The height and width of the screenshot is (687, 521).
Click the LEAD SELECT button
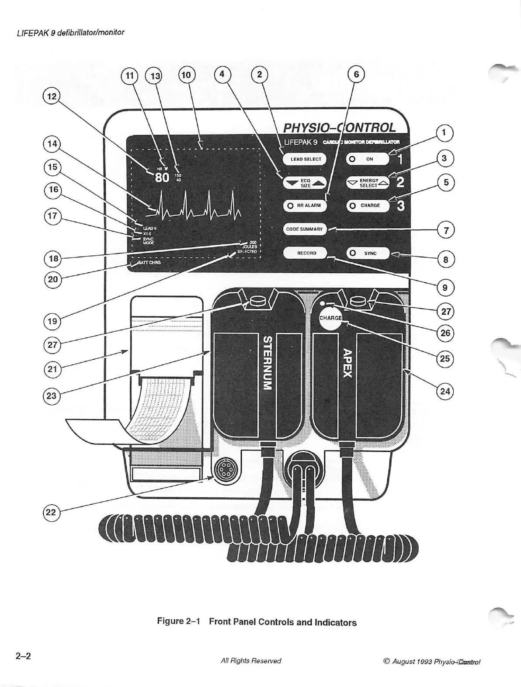305,159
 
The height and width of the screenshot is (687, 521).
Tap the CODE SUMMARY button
305,229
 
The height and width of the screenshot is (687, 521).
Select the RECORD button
306,253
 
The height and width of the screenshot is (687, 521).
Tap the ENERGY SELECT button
368,183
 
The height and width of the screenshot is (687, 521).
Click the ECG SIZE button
305,183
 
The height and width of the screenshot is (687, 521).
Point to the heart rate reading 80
162,177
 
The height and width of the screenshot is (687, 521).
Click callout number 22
51,512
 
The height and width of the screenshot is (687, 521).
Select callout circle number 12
52,96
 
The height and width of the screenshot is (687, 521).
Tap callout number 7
446,230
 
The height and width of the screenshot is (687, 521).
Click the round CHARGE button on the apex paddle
330,318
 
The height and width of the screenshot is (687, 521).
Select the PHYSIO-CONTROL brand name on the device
339,128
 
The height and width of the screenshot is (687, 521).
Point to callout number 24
445,391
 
